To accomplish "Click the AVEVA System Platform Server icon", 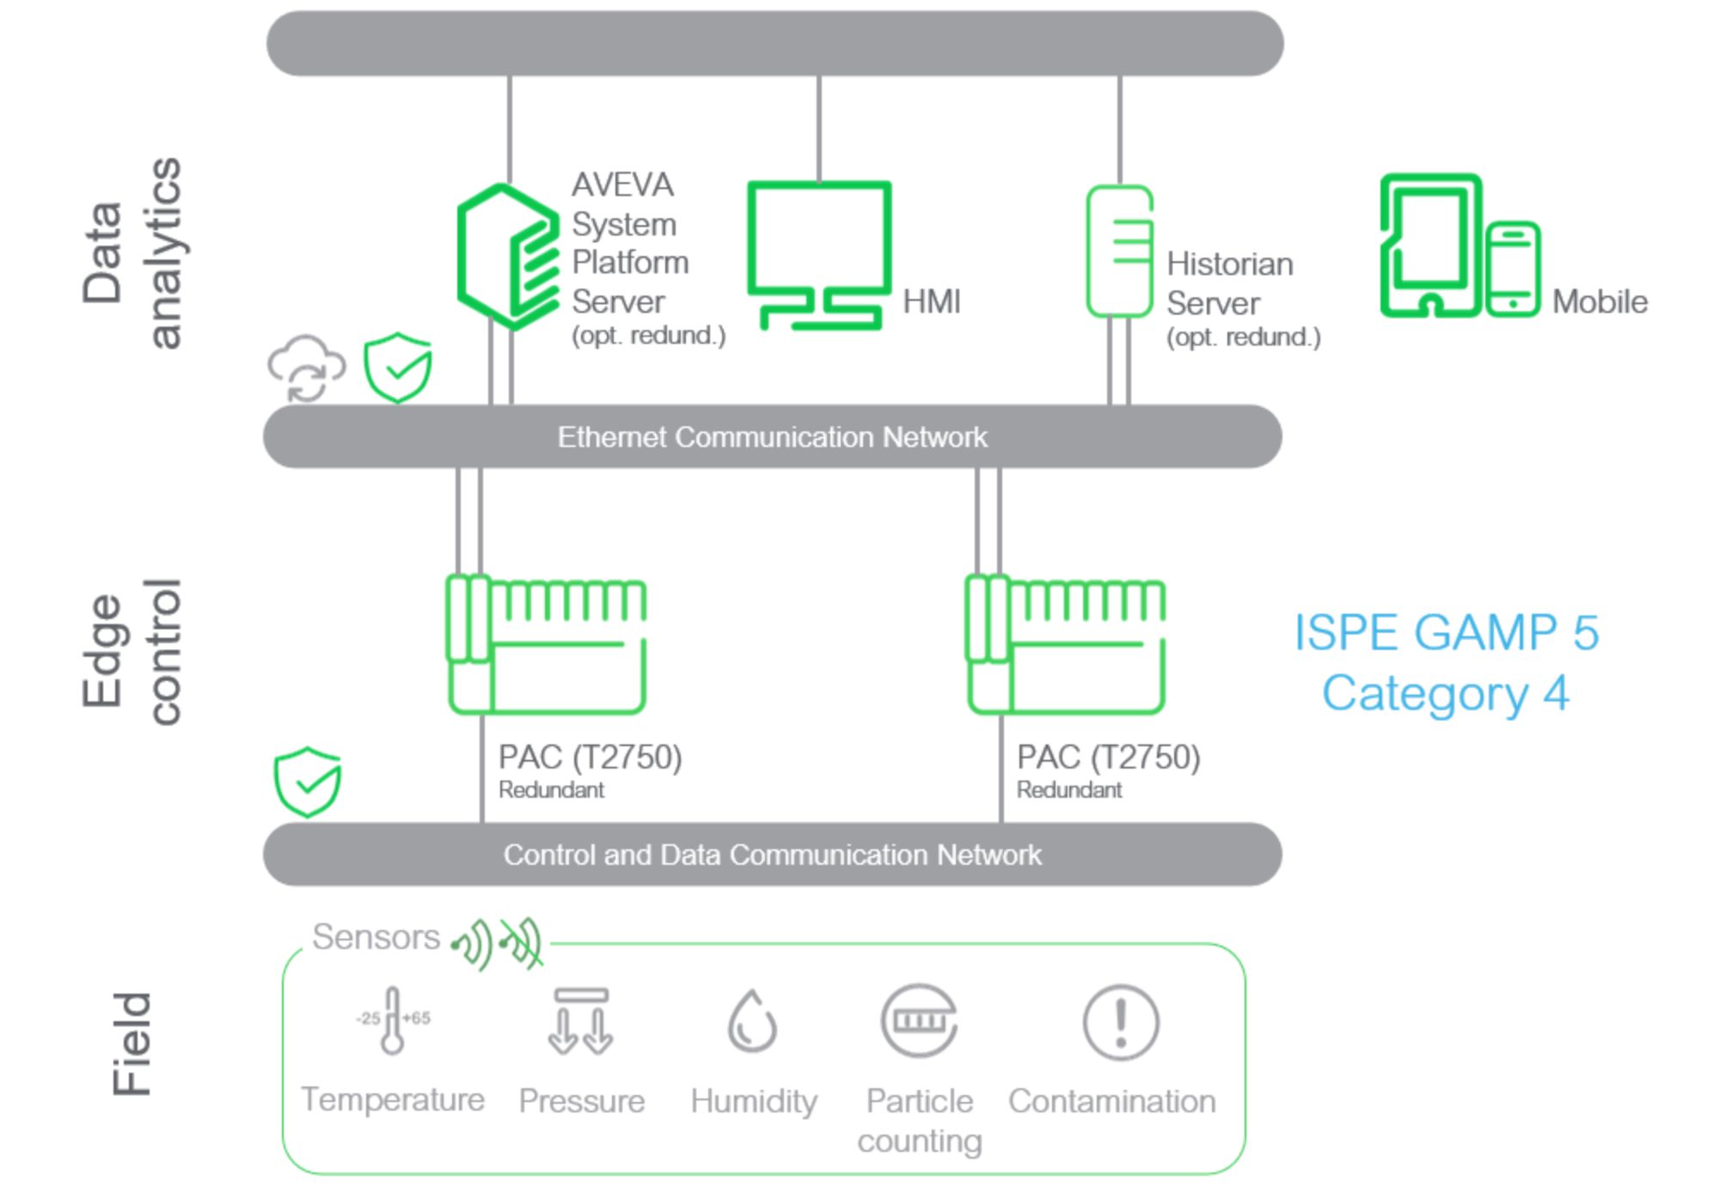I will pos(507,256).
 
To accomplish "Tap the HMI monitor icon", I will pos(819,254).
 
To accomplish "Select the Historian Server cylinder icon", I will pos(1119,252).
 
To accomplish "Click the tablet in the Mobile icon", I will pos(1430,246).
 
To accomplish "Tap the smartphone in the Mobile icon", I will pos(1513,269).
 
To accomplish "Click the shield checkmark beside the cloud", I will pos(397,368).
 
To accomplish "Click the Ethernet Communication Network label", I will pos(772,438).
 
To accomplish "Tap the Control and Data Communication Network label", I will pos(772,855).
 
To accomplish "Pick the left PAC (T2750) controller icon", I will pos(547,645).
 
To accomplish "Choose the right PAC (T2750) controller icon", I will pos(1066,645).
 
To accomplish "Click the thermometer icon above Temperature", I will pos(393,1020).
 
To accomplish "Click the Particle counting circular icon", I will pos(919,1021).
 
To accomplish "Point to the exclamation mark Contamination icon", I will pos(1120,1022).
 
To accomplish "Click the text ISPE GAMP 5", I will pos(1446,634).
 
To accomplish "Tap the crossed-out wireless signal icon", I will pos(523,943).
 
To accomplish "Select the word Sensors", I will pos(376,937).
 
